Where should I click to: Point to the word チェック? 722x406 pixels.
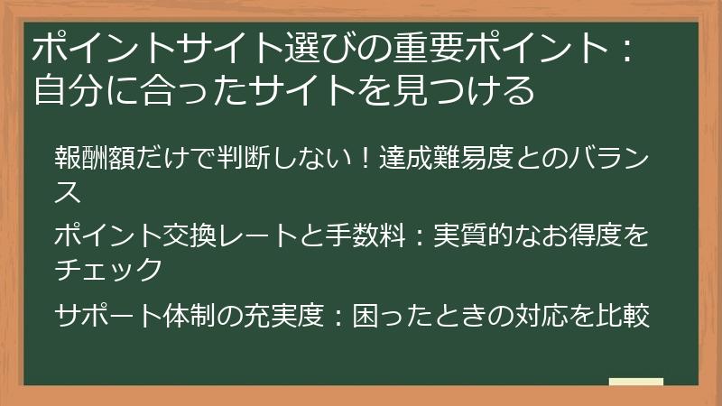(108, 268)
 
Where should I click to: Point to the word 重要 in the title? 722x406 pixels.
(407, 50)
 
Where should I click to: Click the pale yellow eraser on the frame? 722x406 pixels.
(635, 382)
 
